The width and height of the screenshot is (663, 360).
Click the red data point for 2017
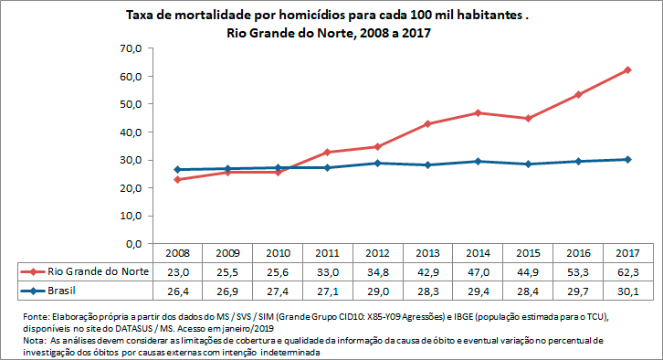[x=628, y=70]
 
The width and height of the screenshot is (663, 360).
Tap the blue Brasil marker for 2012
[x=377, y=164]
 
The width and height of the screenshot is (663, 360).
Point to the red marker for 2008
[x=177, y=180]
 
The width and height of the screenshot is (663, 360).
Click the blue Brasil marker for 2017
[x=628, y=160]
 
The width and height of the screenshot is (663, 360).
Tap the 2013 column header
[x=427, y=253]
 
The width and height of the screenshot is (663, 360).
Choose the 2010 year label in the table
[x=277, y=253]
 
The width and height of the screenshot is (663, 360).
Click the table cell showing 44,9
[x=528, y=272]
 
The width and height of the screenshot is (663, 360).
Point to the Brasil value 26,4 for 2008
[x=177, y=291]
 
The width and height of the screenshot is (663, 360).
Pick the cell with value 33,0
[x=327, y=272]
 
